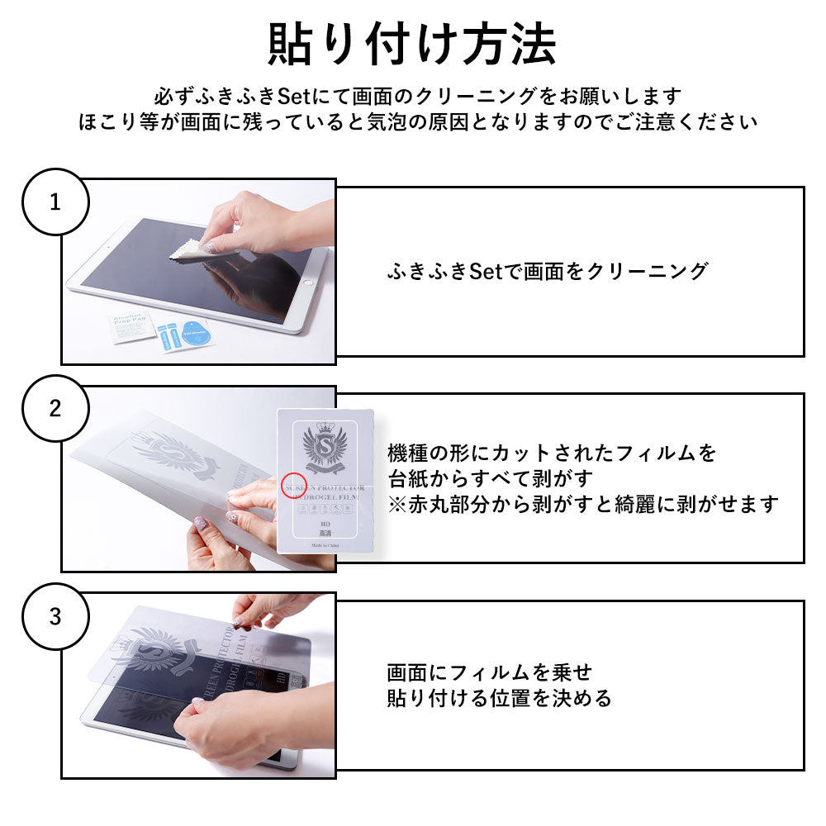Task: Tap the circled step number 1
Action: [x=55, y=202]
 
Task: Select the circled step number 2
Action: [x=55, y=409]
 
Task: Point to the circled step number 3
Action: [x=55, y=617]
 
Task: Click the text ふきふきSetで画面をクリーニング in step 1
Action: [x=547, y=272]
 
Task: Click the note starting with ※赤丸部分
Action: [x=582, y=504]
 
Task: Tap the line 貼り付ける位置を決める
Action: [x=499, y=699]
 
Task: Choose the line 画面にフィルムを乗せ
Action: [x=489, y=673]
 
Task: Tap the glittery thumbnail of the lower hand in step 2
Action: [x=199, y=523]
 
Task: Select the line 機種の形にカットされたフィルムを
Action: [x=552, y=453]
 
